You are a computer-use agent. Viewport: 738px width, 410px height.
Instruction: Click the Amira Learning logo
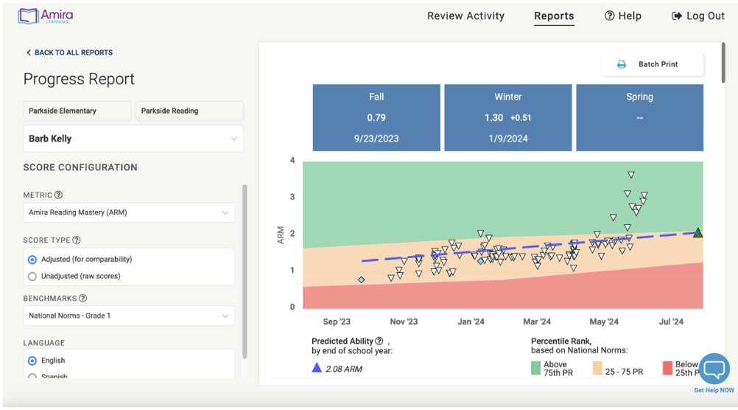[46, 16]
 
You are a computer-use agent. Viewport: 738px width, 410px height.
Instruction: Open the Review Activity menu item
[465, 15]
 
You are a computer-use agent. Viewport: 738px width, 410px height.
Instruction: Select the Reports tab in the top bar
[554, 15]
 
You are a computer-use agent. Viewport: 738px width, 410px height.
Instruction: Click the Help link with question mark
[622, 15]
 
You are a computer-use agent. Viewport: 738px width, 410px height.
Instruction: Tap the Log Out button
[698, 15]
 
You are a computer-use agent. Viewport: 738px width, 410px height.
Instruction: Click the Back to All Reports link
[69, 53]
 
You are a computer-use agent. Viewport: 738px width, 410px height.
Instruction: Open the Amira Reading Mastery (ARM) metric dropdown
[128, 212]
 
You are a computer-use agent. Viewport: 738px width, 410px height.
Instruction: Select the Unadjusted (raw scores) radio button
[32, 277]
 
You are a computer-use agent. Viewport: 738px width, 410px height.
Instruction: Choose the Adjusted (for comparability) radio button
[32, 260]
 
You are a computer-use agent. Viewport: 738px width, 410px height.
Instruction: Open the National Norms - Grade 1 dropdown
[128, 316]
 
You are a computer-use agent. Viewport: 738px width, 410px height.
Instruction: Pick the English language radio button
[32, 361]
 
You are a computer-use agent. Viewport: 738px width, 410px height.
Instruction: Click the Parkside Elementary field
[77, 111]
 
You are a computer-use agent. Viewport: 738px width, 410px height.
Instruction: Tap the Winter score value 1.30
[493, 118]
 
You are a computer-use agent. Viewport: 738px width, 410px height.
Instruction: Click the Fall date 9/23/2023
[376, 139]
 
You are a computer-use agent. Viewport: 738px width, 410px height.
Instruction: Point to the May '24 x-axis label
[604, 322]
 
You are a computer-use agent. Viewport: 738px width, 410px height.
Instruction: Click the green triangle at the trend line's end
[697, 233]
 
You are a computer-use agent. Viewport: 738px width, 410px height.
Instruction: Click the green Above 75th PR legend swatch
[535, 367]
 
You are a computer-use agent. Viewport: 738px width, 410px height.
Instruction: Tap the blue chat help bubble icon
[713, 368]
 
